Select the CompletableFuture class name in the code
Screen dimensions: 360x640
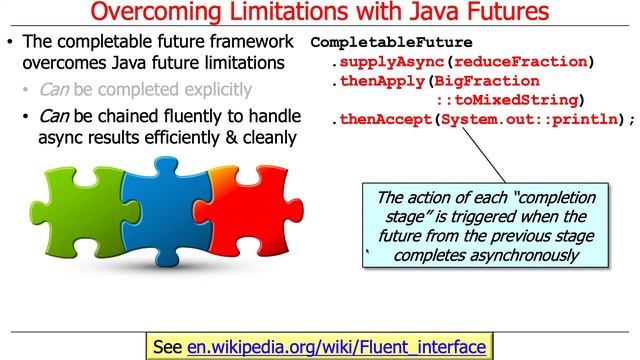tap(375, 43)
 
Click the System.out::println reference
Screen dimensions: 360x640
tap(530, 119)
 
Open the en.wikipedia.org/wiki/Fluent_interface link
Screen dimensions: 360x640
tap(336, 346)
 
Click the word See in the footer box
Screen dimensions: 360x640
tap(167, 346)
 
